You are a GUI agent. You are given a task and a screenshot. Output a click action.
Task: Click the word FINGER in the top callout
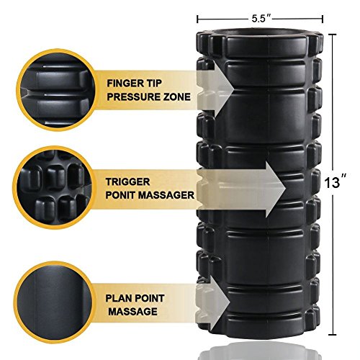(122, 84)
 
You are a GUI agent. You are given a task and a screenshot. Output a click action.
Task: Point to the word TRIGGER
(127, 181)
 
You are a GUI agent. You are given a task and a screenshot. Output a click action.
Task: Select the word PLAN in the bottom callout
(118, 298)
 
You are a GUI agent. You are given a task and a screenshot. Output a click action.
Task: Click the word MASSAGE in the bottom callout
(133, 312)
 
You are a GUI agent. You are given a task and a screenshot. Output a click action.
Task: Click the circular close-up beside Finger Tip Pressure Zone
(57, 90)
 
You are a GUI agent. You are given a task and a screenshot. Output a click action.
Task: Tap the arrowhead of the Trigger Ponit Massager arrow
(275, 189)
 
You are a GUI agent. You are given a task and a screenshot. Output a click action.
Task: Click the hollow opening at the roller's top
(258, 33)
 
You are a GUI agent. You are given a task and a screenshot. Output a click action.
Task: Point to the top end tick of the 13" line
(332, 35)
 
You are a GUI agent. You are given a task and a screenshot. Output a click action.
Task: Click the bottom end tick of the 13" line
(332, 335)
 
